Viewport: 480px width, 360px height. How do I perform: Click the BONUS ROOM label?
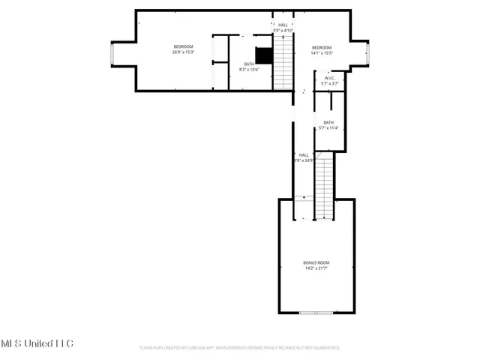pos(316,262)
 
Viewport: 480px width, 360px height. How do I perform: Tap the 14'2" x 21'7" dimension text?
pos(316,268)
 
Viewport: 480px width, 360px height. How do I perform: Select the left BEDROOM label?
pos(183,47)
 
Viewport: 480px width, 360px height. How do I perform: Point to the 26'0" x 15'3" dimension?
pos(183,52)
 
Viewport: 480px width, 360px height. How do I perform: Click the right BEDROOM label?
pos(322,47)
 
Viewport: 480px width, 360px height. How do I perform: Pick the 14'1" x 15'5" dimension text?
pos(322,52)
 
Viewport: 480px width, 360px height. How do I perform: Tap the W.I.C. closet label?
pos(329,78)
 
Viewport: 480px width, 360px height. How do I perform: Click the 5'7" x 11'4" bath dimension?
pos(329,128)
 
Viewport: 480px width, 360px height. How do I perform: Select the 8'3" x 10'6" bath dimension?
pos(248,70)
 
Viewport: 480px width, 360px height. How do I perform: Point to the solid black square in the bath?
pos(263,56)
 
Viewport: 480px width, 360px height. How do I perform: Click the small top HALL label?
pos(283,25)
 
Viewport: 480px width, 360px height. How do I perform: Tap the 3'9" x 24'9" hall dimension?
pos(304,160)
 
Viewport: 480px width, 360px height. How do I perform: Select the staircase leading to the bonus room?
pos(322,191)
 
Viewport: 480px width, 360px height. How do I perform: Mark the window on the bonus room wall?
pos(315,313)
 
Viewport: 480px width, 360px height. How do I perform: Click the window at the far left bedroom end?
pos(112,54)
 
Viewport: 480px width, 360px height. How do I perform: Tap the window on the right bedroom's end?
pos(367,54)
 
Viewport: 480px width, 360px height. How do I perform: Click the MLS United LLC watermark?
pos(37,343)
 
